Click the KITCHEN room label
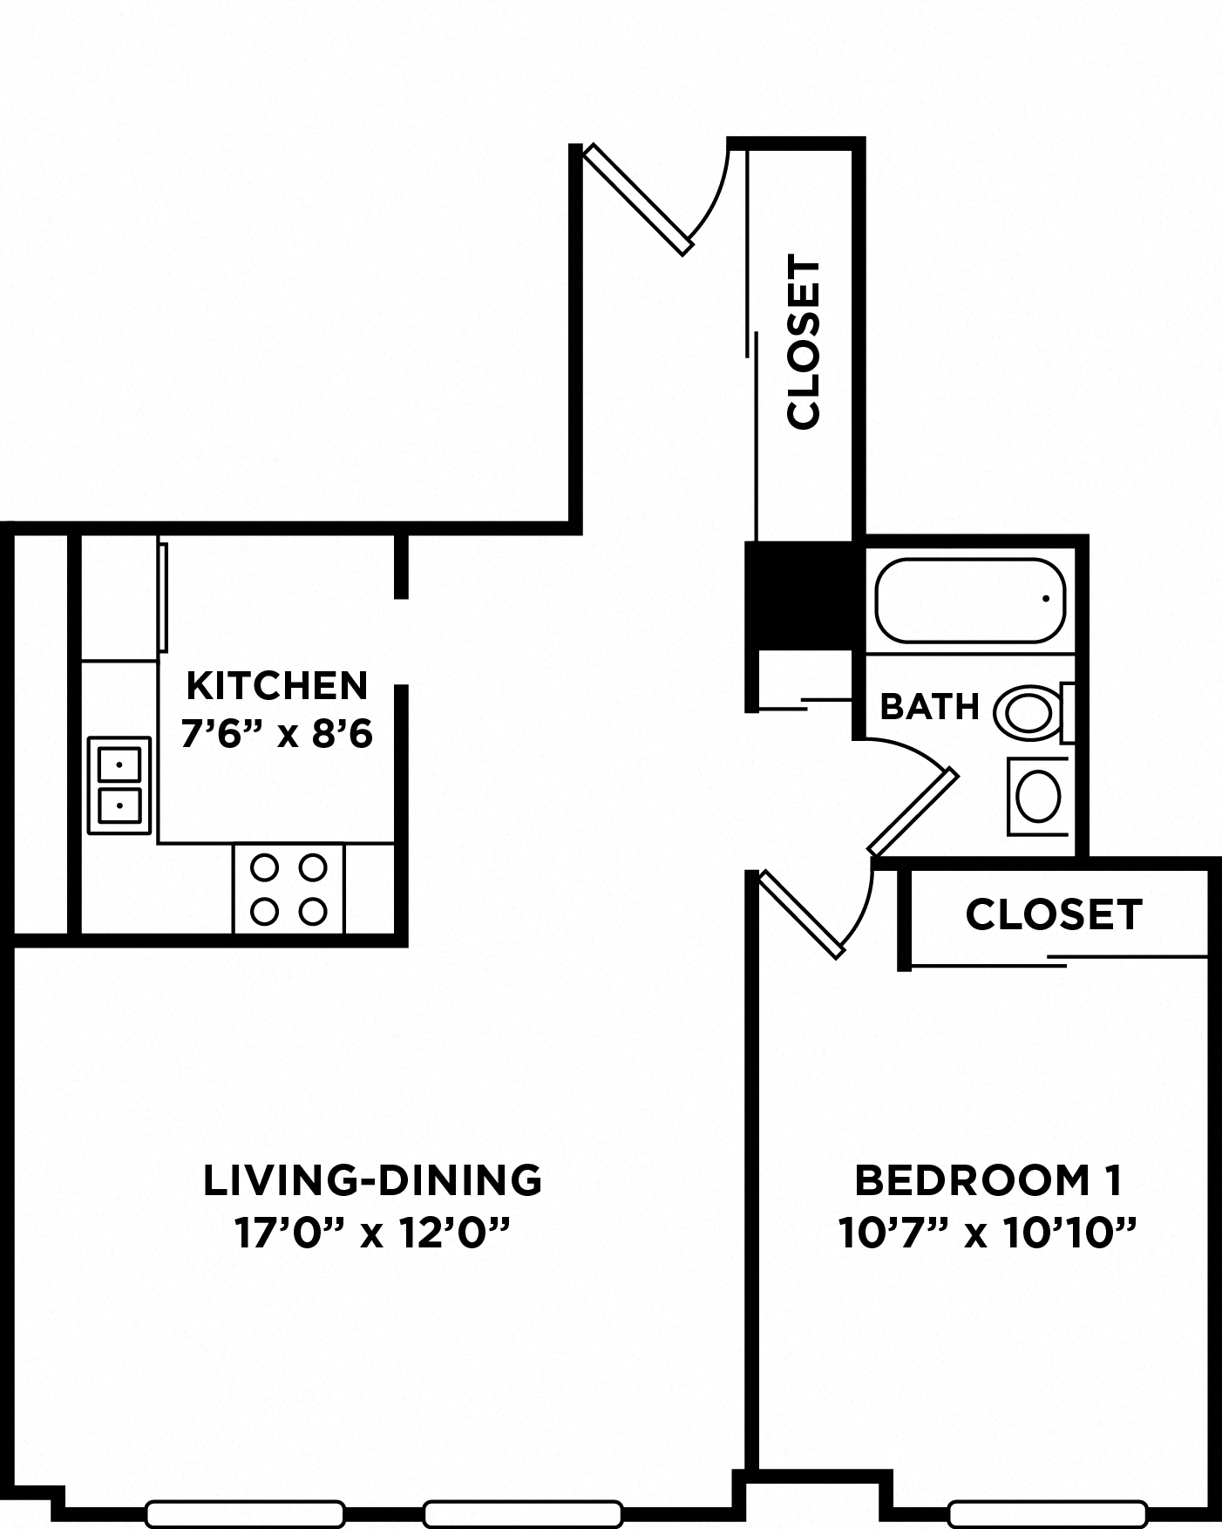tap(277, 686)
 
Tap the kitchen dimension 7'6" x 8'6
tap(277, 735)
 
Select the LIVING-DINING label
tap(372, 1180)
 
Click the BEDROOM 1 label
tap(988, 1180)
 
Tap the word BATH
tap(930, 706)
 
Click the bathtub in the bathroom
tap(970, 601)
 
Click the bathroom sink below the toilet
tap(1038, 797)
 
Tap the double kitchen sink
tap(119, 785)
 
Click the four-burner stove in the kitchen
tap(289, 889)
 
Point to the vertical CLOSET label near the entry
tap(804, 342)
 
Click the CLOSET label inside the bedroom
tap(1054, 914)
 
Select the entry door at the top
tap(640, 199)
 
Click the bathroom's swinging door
tap(913, 812)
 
